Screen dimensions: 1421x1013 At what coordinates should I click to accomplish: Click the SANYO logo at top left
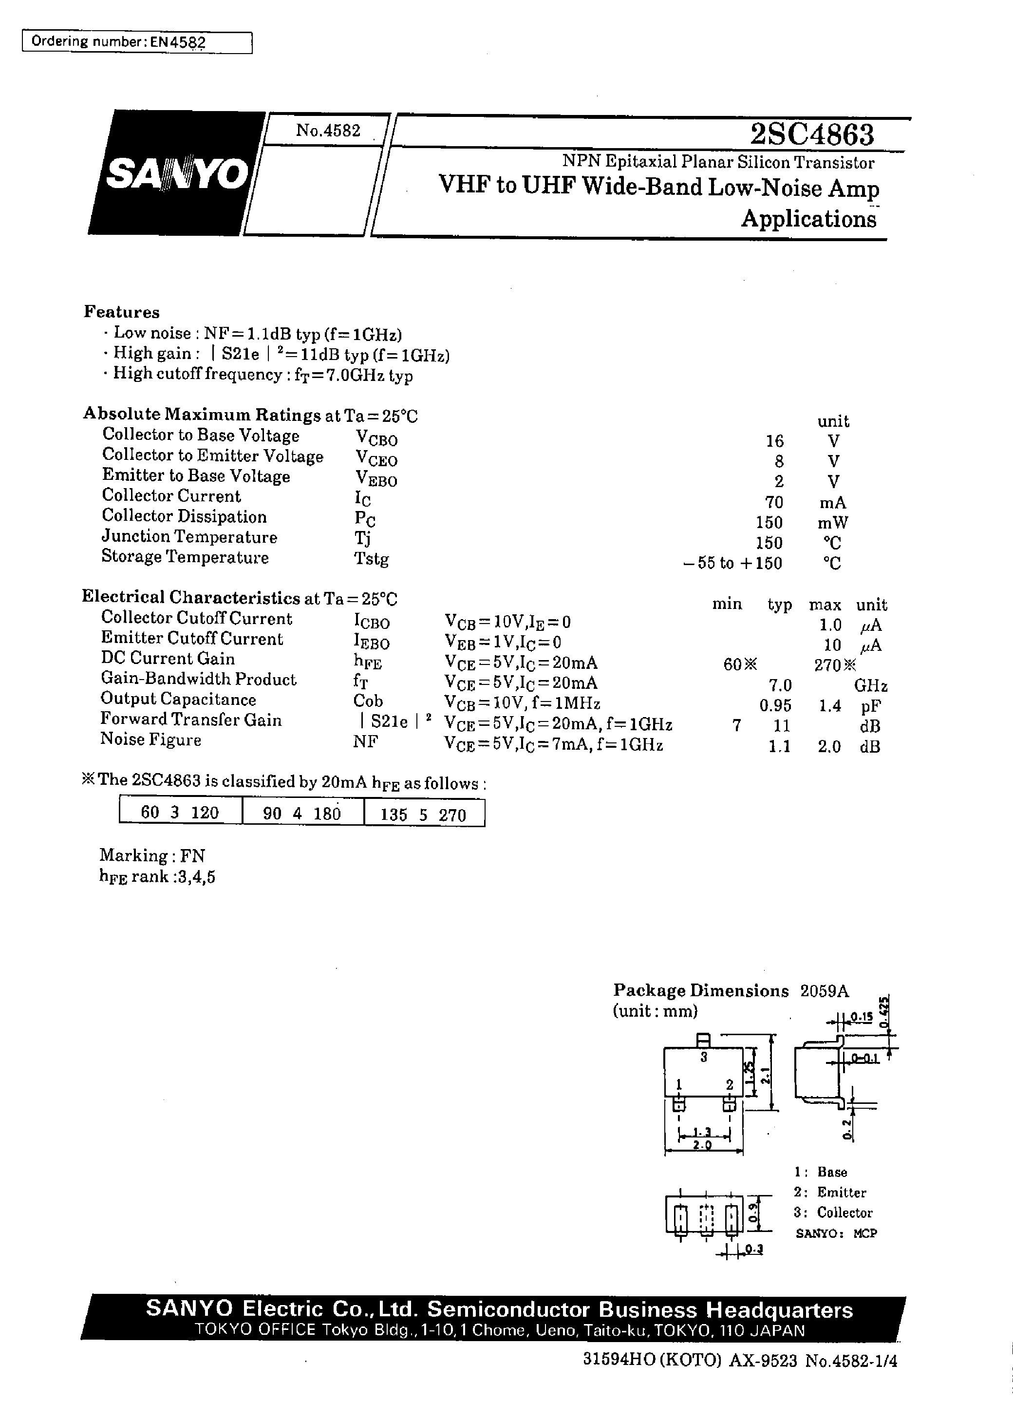pyautogui.click(x=176, y=174)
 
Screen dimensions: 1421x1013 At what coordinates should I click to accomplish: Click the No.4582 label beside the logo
pyautogui.click(x=328, y=131)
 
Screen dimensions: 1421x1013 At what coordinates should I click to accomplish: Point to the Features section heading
pyautogui.click(x=122, y=312)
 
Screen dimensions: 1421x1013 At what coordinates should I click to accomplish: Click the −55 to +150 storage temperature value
pyautogui.click(x=733, y=563)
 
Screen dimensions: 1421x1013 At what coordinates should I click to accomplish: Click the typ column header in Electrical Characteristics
pyautogui.click(x=779, y=605)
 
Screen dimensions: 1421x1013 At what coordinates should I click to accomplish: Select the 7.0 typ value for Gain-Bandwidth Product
pyautogui.click(x=780, y=685)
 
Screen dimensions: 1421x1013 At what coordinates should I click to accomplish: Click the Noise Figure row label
pyautogui.click(x=151, y=740)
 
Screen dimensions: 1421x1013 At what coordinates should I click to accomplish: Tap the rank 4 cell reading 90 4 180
pyautogui.click(x=302, y=814)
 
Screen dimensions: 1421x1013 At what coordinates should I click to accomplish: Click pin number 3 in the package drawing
pyautogui.click(x=704, y=1057)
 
